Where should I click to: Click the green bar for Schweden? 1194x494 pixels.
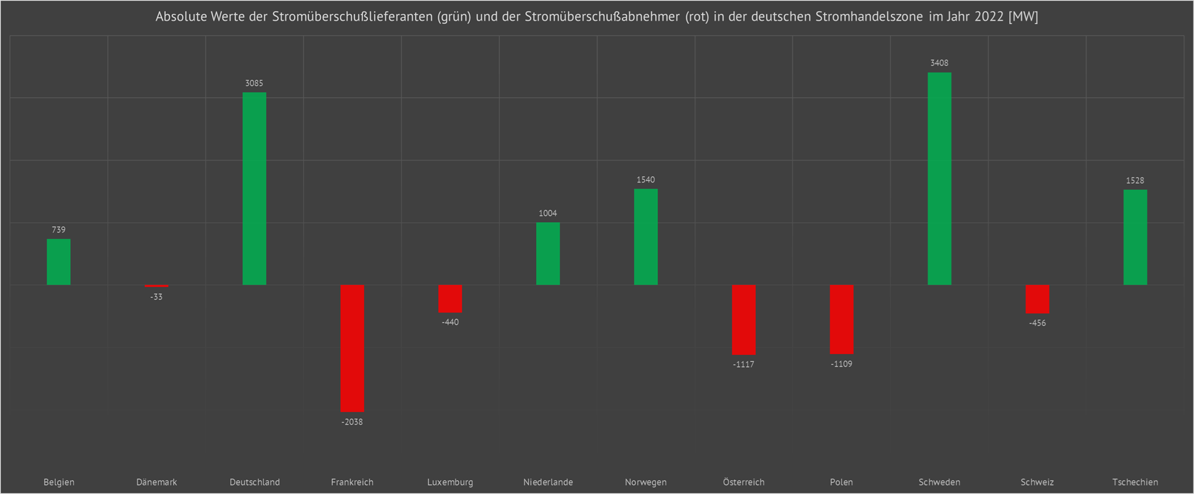pyautogui.click(x=939, y=179)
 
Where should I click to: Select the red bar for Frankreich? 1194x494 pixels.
pyautogui.click(x=352, y=348)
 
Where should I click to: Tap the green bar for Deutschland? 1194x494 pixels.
pyautogui.click(x=254, y=188)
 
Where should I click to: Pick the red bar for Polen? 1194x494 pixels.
pyautogui.click(x=841, y=319)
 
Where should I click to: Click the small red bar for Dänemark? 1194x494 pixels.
pyautogui.click(x=156, y=286)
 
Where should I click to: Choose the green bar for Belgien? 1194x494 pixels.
pyautogui.click(x=58, y=262)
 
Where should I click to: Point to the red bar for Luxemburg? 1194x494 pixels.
pyautogui.click(x=450, y=298)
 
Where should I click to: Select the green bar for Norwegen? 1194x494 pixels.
pyautogui.click(x=646, y=237)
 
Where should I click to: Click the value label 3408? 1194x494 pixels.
pyautogui.click(x=939, y=63)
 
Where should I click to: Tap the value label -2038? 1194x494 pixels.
pyautogui.click(x=352, y=422)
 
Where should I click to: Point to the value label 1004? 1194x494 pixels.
pyautogui.click(x=548, y=213)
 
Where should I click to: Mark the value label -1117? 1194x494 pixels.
pyautogui.click(x=743, y=365)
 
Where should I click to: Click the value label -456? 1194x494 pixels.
pyautogui.click(x=1037, y=323)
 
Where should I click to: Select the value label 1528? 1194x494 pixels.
pyautogui.click(x=1135, y=181)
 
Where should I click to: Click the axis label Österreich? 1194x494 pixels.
pyautogui.click(x=743, y=482)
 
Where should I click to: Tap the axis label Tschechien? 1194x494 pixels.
pyautogui.click(x=1135, y=482)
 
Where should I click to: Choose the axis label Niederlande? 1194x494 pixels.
pyautogui.click(x=548, y=482)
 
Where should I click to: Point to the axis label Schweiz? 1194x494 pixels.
pyautogui.click(x=1037, y=482)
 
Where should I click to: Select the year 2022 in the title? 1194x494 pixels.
pyautogui.click(x=989, y=17)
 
